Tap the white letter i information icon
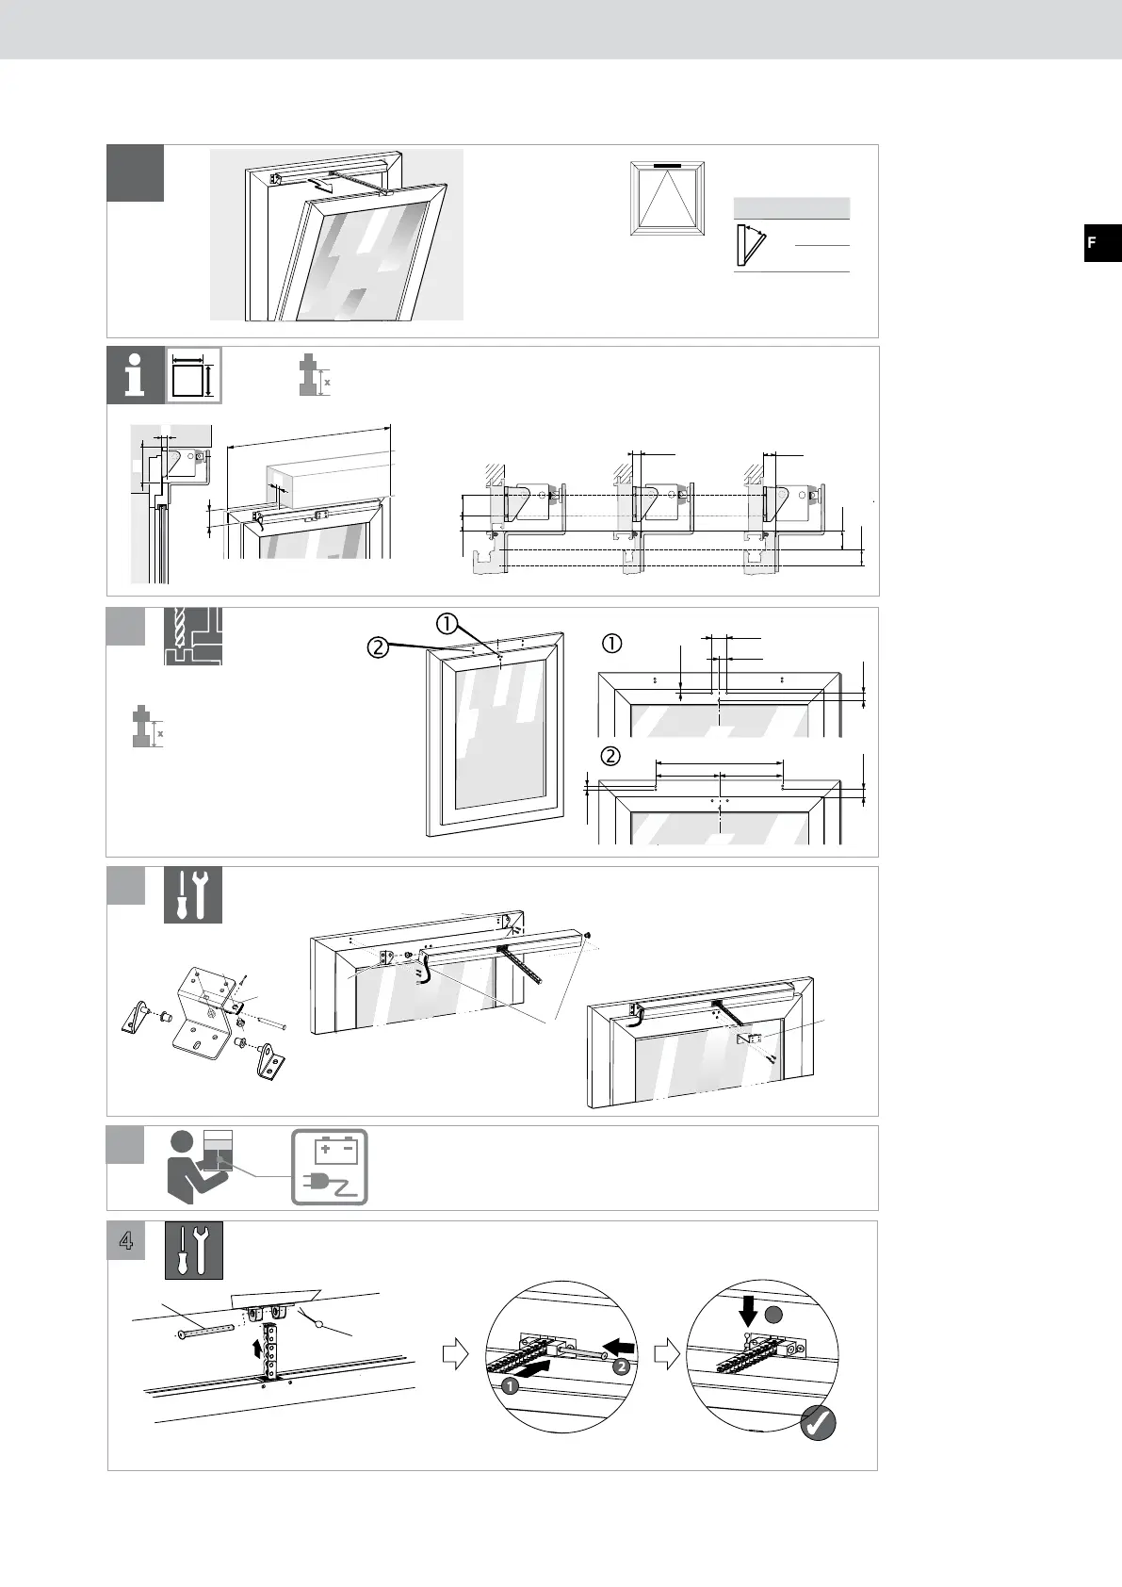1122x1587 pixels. [x=136, y=375]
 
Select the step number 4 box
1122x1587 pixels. [x=125, y=1241]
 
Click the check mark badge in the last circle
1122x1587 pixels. [x=818, y=1424]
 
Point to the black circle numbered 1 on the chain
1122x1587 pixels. [x=510, y=1386]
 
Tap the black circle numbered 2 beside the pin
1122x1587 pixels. [x=621, y=1366]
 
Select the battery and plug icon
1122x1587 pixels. [x=330, y=1167]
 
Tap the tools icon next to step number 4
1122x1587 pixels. [x=194, y=1250]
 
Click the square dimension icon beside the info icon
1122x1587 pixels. [x=194, y=375]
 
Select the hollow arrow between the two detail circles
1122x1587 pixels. [x=666, y=1356]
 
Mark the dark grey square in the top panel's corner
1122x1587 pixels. [x=135, y=173]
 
